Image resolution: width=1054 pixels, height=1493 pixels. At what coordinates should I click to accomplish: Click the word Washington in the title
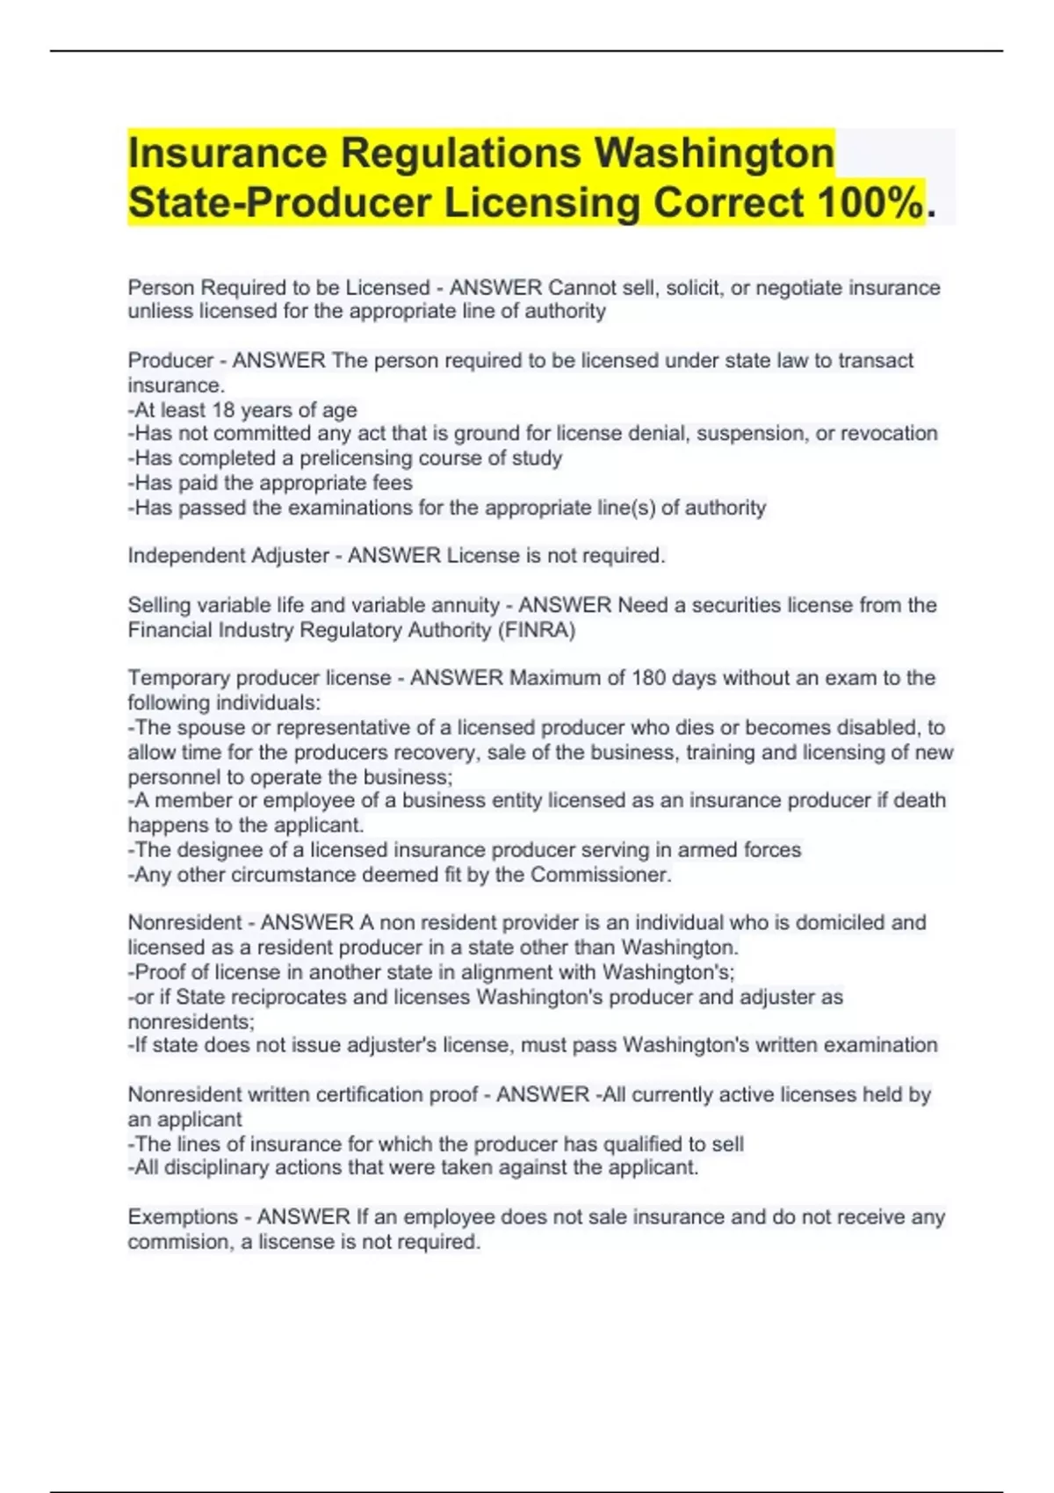click(714, 153)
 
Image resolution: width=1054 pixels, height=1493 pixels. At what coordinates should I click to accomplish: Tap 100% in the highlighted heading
click(870, 203)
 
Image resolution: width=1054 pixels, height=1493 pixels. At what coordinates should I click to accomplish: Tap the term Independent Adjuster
click(227, 556)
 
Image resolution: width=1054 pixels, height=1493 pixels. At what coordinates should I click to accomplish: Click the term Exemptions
click(183, 1217)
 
